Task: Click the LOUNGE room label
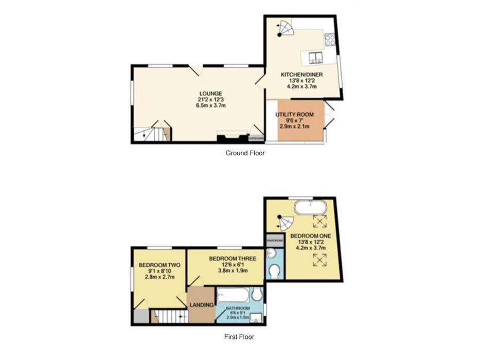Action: [210, 93]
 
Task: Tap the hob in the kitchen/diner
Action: [330, 40]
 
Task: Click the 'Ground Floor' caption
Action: [245, 153]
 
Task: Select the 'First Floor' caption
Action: [239, 337]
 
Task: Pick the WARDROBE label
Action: [274, 240]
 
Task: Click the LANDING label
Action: [202, 305]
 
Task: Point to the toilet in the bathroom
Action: [257, 295]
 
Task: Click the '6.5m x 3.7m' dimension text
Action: [210, 105]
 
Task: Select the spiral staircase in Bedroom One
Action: [284, 222]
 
